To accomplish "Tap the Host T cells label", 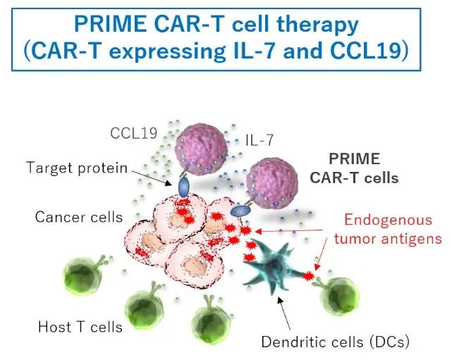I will click(80, 326).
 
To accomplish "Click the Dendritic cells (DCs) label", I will click(335, 343).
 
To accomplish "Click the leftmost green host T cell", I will click(86, 280).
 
